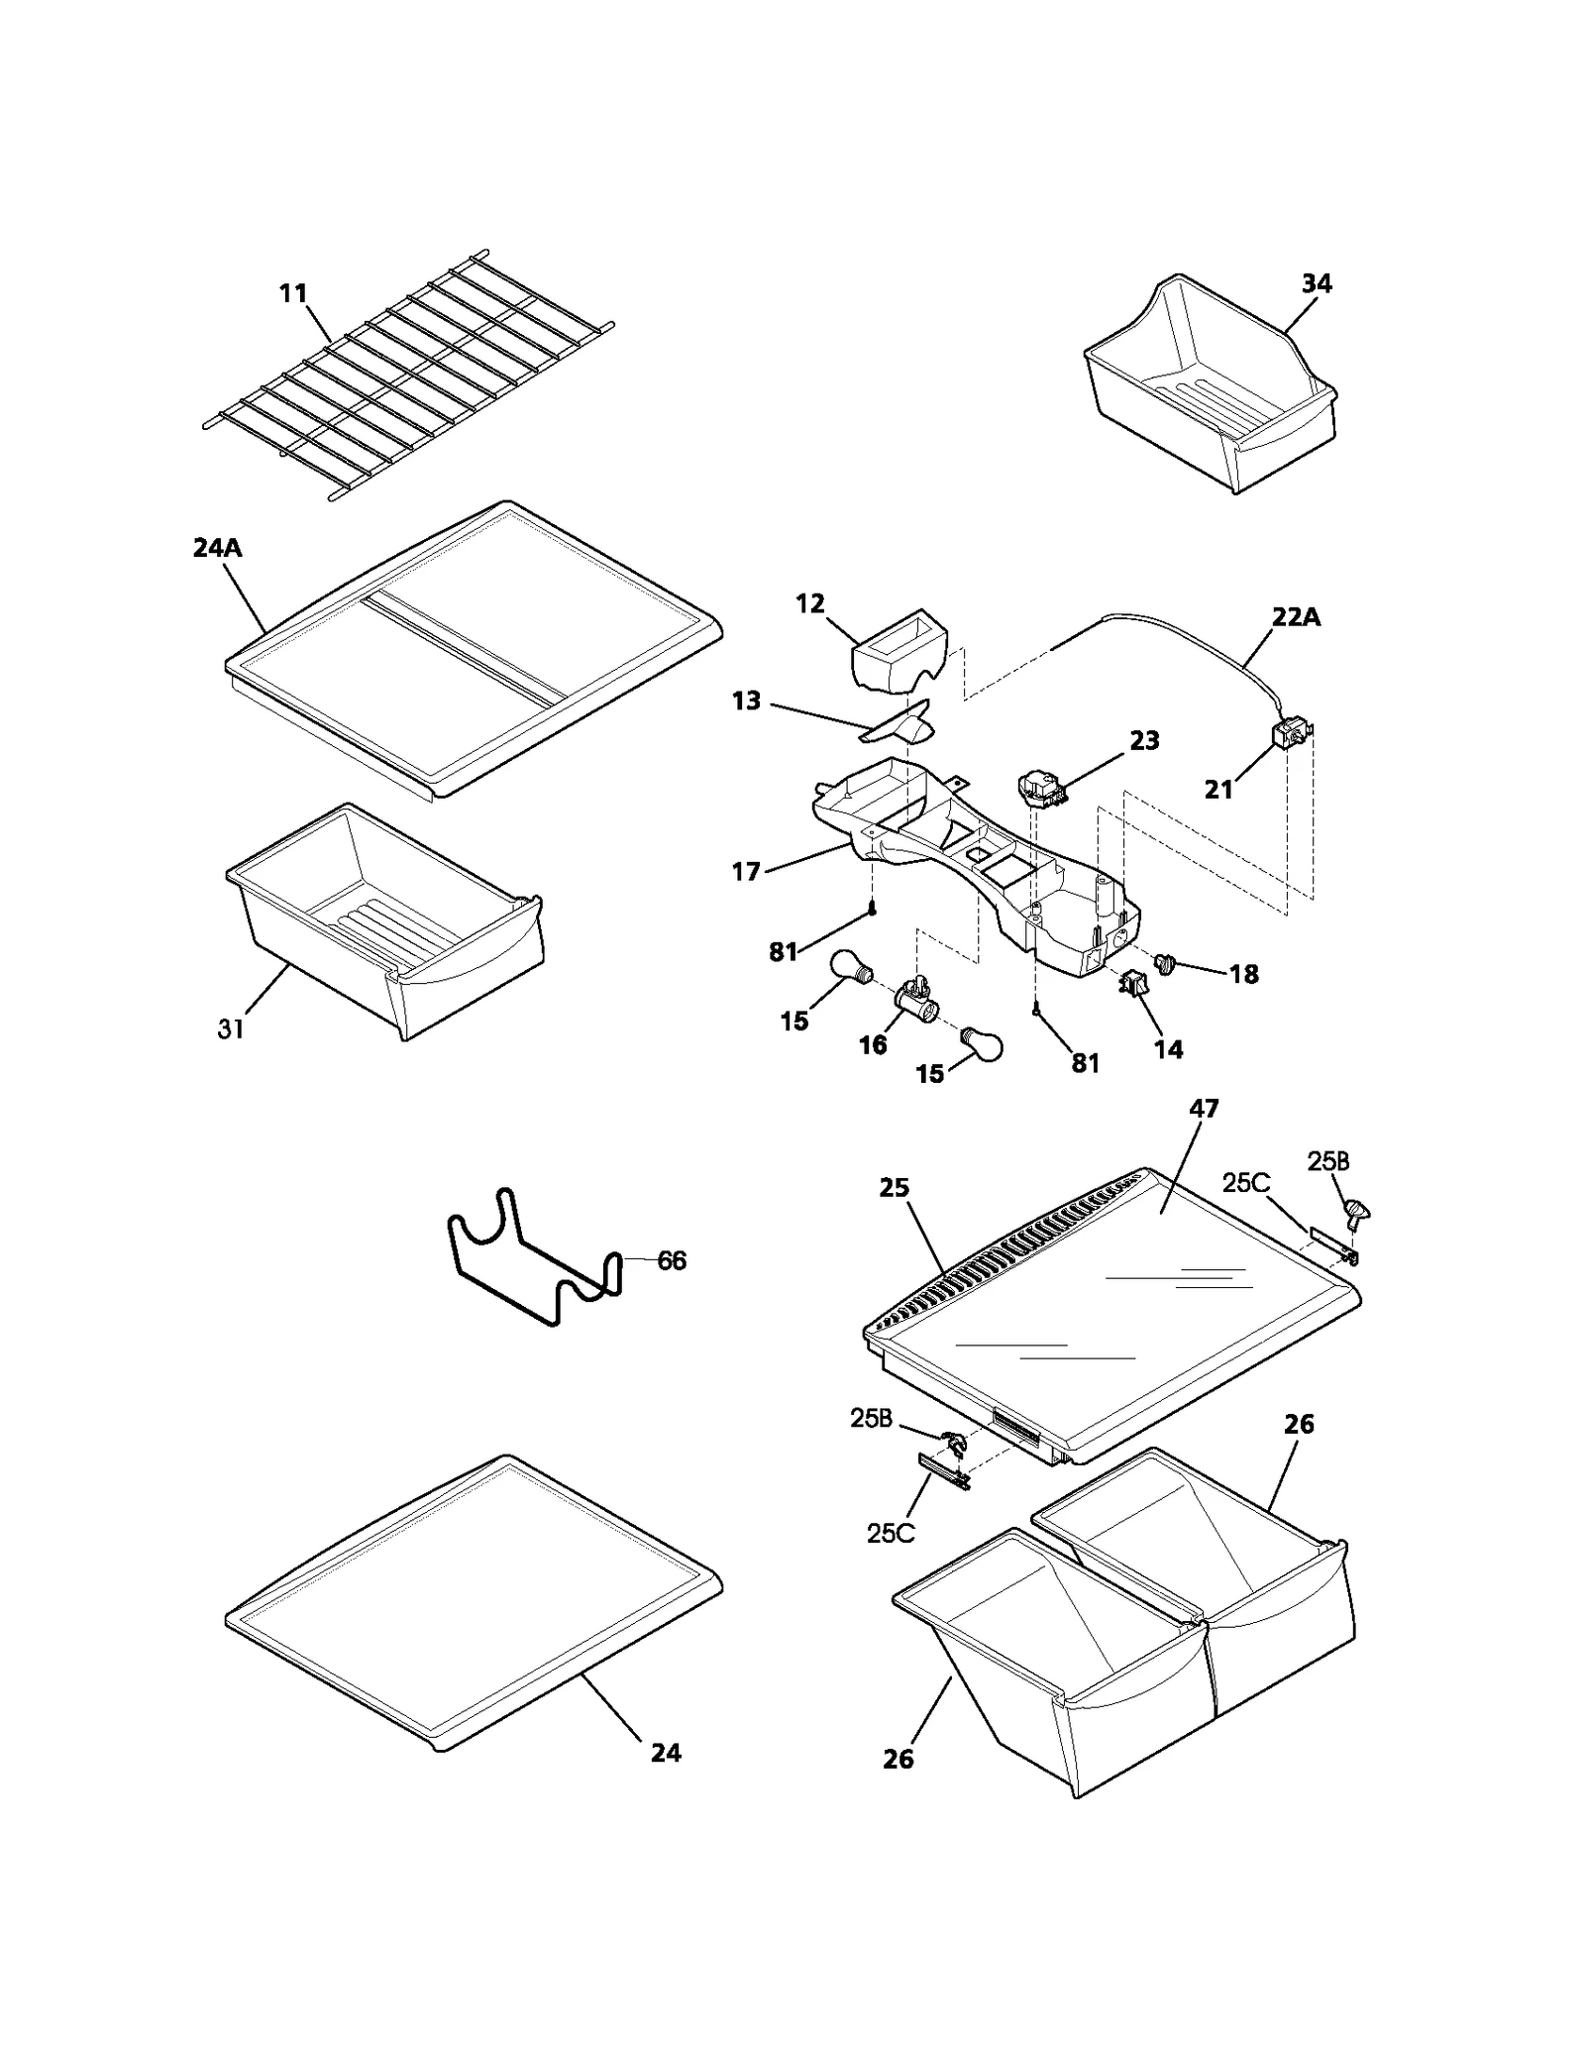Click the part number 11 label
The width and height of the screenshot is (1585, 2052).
tap(293, 293)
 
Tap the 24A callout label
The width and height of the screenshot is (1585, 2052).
tap(218, 548)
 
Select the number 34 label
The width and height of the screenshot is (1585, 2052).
tap(1317, 283)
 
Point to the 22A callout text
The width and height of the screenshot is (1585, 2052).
tap(1297, 617)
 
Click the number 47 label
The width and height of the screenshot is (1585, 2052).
tap(1204, 1109)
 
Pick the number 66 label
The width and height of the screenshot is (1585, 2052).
tap(672, 1260)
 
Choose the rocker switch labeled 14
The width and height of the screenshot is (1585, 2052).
tap(1133, 985)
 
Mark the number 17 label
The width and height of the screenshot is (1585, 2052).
tap(746, 871)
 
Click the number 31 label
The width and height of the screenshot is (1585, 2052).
tap(231, 1029)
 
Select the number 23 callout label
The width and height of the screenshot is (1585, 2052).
tap(1144, 740)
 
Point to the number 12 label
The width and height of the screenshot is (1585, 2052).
tap(810, 603)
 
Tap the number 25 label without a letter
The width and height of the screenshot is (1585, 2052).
tap(894, 1187)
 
